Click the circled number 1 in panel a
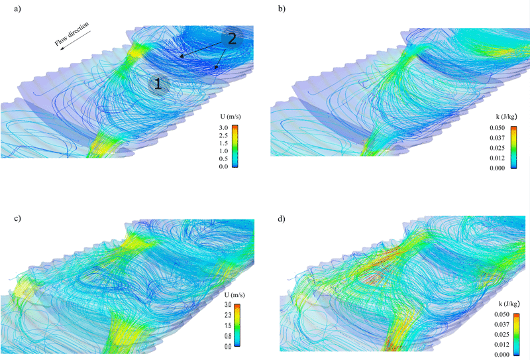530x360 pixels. (x=158, y=84)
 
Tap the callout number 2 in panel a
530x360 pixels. (x=231, y=38)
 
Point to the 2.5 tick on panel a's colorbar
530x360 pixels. (x=224, y=135)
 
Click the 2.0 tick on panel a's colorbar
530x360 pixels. (x=224, y=143)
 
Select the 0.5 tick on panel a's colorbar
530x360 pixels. (x=224, y=158)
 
